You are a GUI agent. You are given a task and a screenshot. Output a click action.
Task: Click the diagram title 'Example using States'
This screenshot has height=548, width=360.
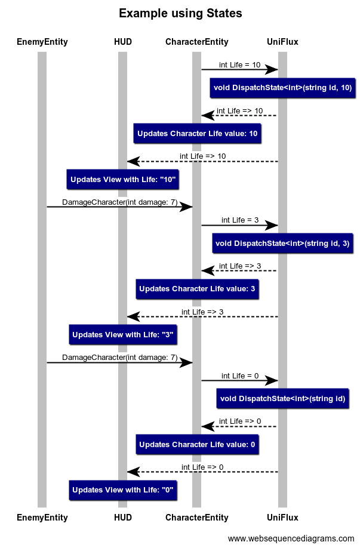(x=180, y=14)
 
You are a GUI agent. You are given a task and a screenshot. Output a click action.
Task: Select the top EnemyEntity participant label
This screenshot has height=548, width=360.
(x=42, y=42)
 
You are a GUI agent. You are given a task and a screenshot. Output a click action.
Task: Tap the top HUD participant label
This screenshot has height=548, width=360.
(x=122, y=42)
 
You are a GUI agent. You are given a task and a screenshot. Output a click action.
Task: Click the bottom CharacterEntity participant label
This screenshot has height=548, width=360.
(x=196, y=518)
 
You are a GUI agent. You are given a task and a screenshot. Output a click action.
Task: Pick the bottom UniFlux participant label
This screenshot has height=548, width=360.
(x=282, y=518)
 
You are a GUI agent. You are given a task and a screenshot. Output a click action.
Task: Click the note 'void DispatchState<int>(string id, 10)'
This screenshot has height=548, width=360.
(x=282, y=88)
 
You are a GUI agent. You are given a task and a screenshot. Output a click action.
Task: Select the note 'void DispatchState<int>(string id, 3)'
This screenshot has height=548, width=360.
(x=282, y=243)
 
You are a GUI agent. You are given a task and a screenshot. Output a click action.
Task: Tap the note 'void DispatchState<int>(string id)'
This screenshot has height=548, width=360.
(x=282, y=398)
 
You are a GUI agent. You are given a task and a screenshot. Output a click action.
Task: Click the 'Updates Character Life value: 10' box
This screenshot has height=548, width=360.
(x=197, y=134)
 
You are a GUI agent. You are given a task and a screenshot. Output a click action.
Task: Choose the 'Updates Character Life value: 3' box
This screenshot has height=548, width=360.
(x=197, y=289)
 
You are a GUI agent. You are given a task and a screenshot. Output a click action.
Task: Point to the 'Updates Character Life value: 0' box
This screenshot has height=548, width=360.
(x=197, y=444)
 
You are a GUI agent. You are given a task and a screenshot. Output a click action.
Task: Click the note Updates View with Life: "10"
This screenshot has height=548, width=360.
(x=122, y=179)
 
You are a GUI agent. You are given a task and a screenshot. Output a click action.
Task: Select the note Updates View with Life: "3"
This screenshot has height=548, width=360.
(x=122, y=335)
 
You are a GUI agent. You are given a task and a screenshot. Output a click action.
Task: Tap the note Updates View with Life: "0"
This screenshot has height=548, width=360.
(x=122, y=490)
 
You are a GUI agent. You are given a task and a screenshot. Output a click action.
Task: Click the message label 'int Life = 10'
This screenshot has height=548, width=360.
(x=239, y=64)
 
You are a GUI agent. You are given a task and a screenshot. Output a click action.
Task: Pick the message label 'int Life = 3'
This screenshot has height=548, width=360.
(x=239, y=220)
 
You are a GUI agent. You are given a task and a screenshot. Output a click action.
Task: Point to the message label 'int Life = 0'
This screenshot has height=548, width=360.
(x=239, y=375)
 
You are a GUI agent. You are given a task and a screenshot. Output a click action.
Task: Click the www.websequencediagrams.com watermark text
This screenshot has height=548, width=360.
(x=291, y=538)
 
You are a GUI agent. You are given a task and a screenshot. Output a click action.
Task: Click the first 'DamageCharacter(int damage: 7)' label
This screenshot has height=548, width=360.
(x=119, y=202)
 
